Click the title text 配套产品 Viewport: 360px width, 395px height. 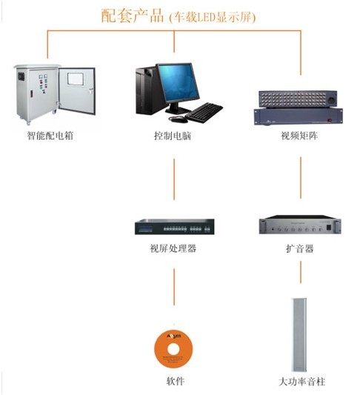[x=133, y=16]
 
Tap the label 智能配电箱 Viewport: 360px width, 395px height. [x=50, y=136]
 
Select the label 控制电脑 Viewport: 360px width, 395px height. [x=173, y=136]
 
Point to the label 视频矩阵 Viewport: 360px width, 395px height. [x=299, y=136]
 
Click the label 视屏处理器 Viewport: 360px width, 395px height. [x=173, y=249]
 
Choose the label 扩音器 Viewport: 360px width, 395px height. [x=300, y=249]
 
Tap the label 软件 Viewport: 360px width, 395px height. [x=176, y=381]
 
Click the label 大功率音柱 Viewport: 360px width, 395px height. [x=301, y=382]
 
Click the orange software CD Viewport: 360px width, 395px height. [x=173, y=349]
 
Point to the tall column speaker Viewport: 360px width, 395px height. [x=299, y=335]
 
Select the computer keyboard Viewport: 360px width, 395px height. [x=204, y=113]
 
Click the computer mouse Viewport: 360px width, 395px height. [x=179, y=119]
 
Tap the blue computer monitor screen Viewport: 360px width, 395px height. [x=179, y=82]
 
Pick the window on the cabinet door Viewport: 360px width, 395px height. [x=75, y=79]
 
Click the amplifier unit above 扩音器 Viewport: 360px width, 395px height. [x=300, y=225]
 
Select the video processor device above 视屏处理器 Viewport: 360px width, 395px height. [x=175, y=227]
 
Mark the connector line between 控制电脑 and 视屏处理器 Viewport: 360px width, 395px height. [x=174, y=179]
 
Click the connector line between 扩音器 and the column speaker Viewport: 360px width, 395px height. [x=301, y=272]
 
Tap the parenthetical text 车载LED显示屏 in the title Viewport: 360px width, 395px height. [x=213, y=17]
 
